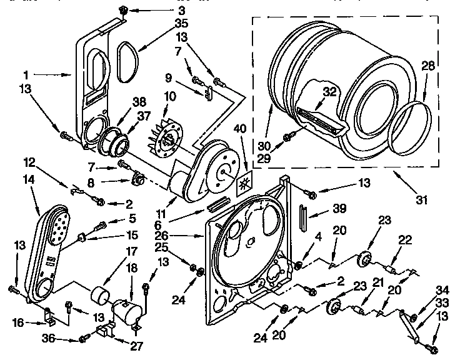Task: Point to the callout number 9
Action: tap(169, 79)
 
